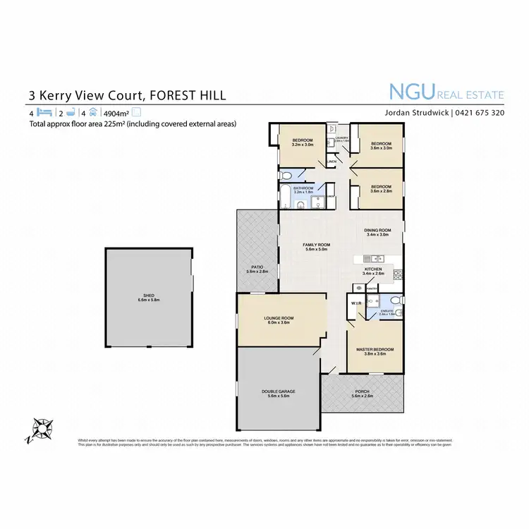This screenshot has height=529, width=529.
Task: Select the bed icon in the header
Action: [x=44, y=112]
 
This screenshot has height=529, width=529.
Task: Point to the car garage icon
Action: [x=92, y=112]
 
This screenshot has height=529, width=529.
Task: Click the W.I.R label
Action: [x=355, y=303]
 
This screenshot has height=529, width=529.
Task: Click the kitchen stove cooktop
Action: [x=398, y=274]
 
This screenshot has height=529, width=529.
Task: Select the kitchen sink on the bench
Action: [x=367, y=257]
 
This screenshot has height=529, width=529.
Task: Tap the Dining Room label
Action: [x=377, y=233]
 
